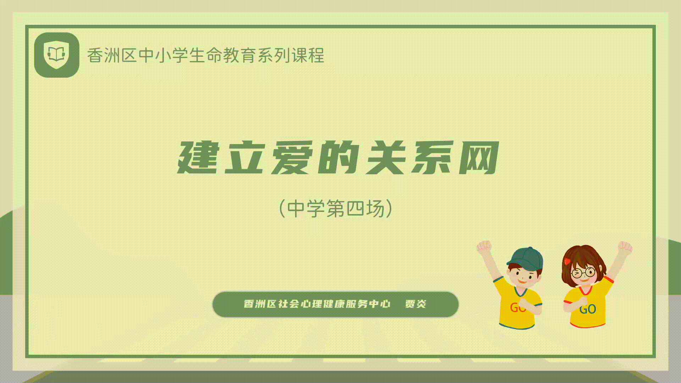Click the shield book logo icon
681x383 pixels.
click(56, 55)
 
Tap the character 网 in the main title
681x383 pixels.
click(479, 157)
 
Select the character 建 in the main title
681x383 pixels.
click(198, 157)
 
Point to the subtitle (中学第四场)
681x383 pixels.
click(336, 208)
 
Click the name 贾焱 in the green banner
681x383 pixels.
click(416, 304)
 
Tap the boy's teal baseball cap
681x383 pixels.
click(525, 258)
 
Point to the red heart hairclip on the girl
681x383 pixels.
click(567, 262)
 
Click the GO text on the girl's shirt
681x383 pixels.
click(587, 309)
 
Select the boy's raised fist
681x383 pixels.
click(484, 246)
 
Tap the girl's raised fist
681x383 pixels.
click(625, 247)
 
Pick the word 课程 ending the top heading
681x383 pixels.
click(308, 55)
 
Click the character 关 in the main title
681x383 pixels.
click(386, 157)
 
